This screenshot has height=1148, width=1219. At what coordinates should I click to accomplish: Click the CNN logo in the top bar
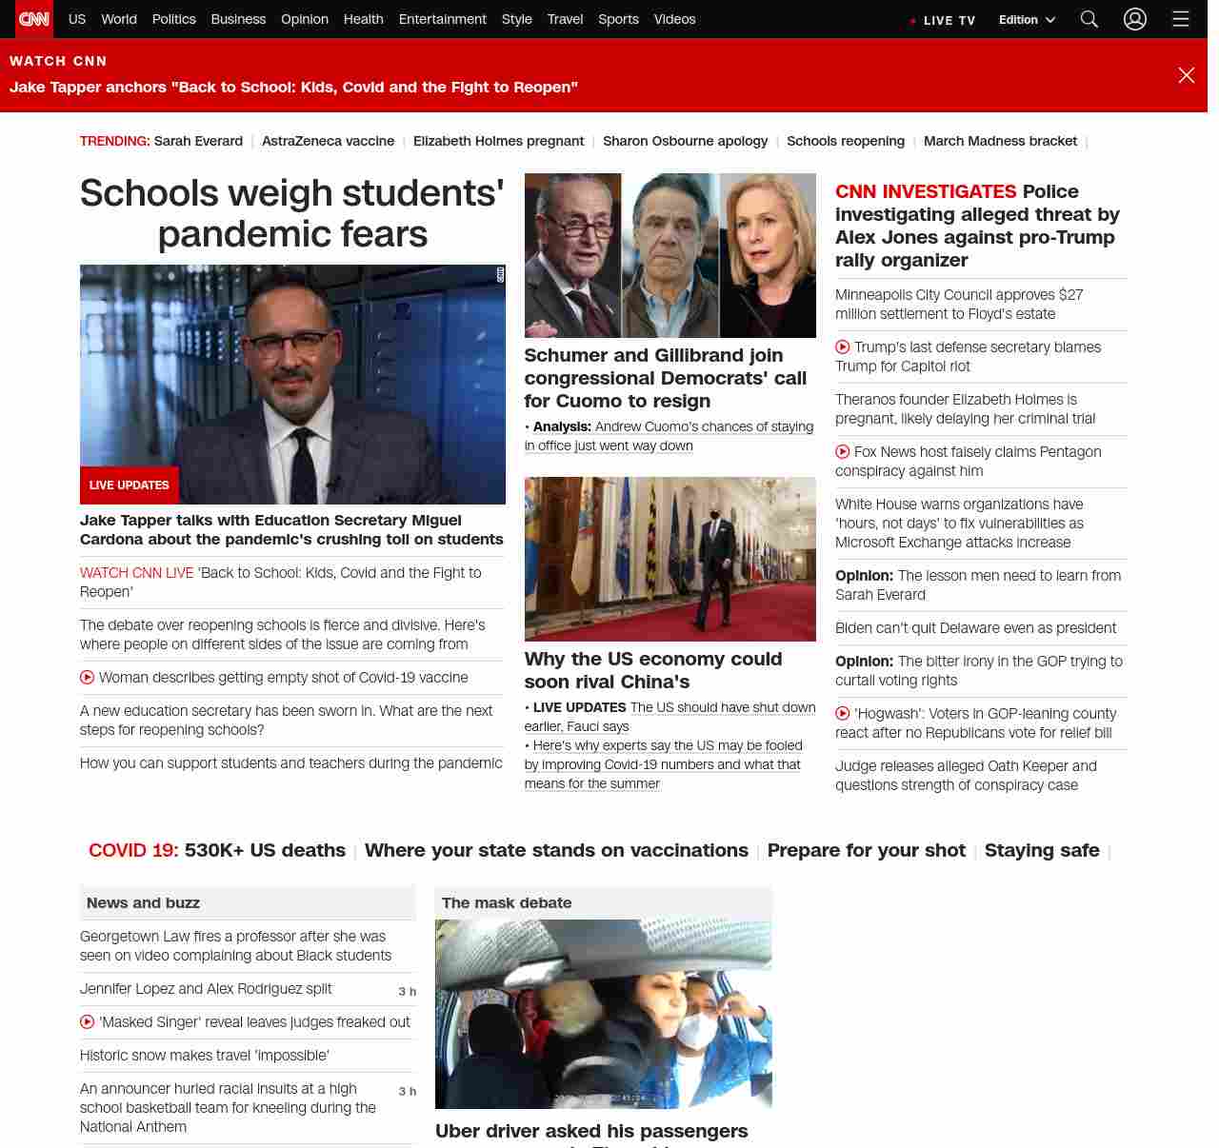[34, 19]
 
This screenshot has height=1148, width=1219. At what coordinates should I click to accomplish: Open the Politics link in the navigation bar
[173, 19]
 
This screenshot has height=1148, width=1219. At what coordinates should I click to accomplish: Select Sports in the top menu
[618, 19]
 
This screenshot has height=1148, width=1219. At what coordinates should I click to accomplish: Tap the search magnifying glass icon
[1089, 19]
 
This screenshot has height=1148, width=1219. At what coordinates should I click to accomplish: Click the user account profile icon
[1134, 19]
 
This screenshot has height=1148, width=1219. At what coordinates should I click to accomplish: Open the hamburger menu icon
[1181, 19]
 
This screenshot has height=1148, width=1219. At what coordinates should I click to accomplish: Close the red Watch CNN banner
[1186, 75]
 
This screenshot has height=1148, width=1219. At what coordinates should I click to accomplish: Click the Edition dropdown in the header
[1027, 20]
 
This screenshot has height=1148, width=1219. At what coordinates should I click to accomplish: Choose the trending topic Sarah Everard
[198, 141]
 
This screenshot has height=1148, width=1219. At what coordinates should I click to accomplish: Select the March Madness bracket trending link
[1000, 141]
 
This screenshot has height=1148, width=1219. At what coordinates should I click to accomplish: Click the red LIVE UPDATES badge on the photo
[129, 485]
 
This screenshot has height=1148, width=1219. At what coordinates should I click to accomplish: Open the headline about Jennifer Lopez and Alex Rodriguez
[206, 989]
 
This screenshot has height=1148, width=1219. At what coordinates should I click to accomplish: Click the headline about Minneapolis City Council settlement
[959, 305]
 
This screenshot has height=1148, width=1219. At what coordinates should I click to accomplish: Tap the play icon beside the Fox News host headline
[843, 452]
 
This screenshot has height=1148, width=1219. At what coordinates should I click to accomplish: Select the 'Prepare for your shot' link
[866, 850]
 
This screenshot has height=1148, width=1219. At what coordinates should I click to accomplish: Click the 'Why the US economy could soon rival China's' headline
[653, 670]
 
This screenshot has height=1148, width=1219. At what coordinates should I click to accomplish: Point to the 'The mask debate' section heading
[507, 902]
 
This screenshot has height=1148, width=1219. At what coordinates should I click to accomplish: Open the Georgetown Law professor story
[235, 946]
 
